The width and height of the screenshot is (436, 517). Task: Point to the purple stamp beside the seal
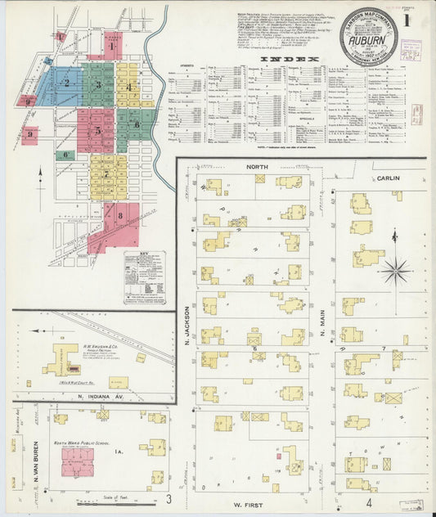[x=411, y=47]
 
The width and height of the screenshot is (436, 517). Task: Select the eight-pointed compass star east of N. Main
[x=394, y=269]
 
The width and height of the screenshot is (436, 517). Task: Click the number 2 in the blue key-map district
[x=66, y=83]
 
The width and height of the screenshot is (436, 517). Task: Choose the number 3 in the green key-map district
[x=99, y=83]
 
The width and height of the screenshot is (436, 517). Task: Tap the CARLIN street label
[x=387, y=176]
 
